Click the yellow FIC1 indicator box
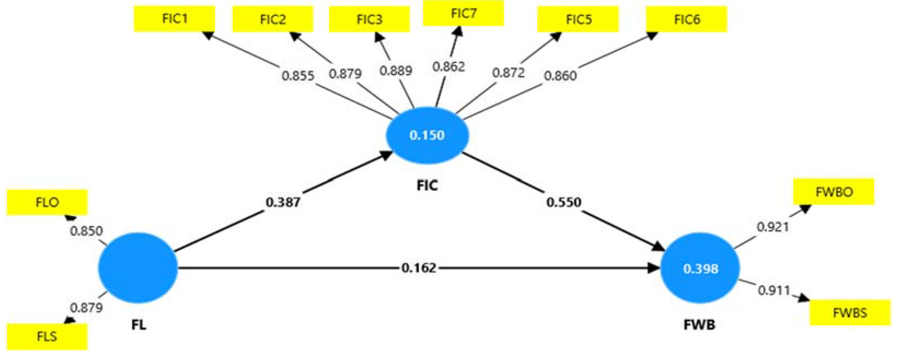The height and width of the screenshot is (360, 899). tap(175, 19)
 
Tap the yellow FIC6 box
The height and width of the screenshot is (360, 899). tap(686, 19)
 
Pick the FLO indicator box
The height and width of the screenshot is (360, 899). tap(47, 202)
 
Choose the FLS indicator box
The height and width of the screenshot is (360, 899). tap(47, 336)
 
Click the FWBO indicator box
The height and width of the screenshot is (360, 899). tap(834, 192)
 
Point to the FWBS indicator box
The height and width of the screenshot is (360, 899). tap(850, 313)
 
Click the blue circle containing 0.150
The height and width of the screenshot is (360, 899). tap(427, 135)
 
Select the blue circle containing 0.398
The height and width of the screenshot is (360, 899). tap(700, 269)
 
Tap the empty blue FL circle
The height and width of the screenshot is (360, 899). tap(138, 268)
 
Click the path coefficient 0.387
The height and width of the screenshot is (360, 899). tap(283, 202)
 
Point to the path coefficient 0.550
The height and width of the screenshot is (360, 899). tap(564, 202)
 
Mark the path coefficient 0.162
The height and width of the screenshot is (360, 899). tap(419, 268)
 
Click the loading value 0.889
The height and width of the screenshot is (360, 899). tap(396, 71)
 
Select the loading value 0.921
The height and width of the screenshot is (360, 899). tap(773, 227)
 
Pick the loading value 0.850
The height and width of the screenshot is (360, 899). tap(86, 231)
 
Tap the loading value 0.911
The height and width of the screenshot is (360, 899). tap(774, 290)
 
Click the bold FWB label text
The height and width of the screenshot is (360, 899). tap(699, 325)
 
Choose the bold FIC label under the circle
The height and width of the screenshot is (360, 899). tap(427, 185)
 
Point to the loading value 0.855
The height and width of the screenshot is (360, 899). tap(298, 75)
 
